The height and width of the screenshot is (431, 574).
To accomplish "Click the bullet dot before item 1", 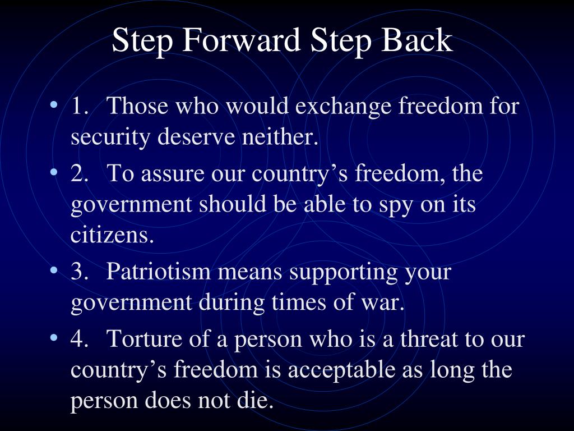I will pyautogui.click(x=54, y=105).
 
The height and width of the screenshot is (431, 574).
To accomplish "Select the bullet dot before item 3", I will pyautogui.click(x=54, y=271).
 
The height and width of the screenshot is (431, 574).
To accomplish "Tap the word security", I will pyautogui.click(x=110, y=137).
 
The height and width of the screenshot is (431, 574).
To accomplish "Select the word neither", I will pyautogui.click(x=284, y=136).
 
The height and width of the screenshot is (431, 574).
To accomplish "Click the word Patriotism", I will pyautogui.click(x=159, y=272).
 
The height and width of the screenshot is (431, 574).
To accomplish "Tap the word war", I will pyautogui.click(x=387, y=303).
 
